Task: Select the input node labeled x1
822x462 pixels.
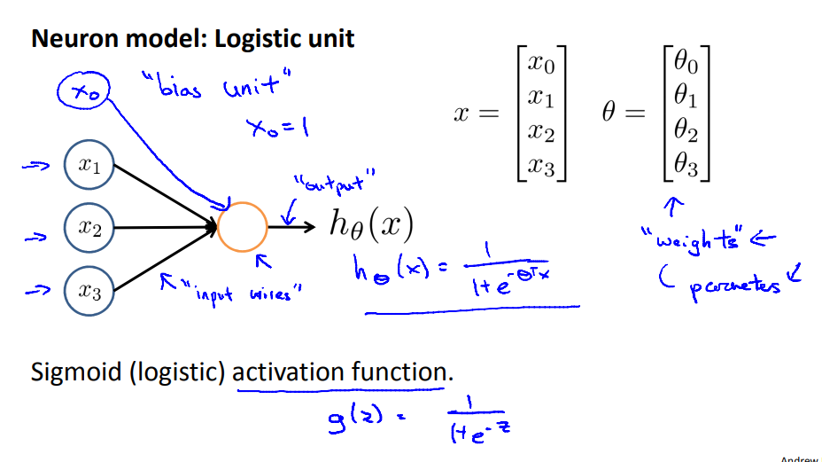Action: (89, 165)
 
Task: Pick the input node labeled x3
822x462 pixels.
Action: (89, 290)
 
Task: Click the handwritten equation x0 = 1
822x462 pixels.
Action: (277, 128)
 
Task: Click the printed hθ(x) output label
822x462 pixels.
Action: (371, 225)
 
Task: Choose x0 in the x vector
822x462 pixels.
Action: (541, 62)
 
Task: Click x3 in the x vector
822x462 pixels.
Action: (541, 165)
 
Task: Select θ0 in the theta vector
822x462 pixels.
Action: (686, 62)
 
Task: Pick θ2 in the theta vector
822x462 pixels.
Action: (686, 130)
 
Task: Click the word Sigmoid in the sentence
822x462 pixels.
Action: (76, 372)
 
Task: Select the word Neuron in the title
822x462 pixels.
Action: (70, 39)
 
